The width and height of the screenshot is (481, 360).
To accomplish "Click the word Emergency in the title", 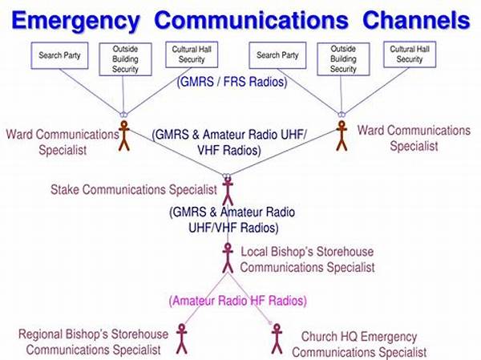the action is [x=75, y=21].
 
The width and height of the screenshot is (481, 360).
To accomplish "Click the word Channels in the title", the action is [x=416, y=20].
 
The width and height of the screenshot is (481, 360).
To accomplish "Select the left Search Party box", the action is [x=59, y=55].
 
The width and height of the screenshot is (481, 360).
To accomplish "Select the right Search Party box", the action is [x=277, y=55].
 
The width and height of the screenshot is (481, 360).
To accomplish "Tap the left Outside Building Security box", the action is [x=125, y=59].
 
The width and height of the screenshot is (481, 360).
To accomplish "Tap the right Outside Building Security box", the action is [x=343, y=59].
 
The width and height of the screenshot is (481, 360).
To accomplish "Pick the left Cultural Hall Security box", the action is [x=192, y=55].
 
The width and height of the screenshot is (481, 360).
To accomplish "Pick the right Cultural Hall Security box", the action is [x=410, y=55].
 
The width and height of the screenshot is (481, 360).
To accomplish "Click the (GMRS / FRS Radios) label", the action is [x=232, y=82].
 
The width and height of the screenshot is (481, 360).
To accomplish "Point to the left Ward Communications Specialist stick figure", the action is [x=124, y=136].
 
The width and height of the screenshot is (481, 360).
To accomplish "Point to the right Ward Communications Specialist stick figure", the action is [x=342, y=136].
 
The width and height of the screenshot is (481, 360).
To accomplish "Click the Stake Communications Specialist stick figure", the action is [x=228, y=192].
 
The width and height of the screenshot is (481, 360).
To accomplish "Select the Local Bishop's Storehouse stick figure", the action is [x=228, y=258].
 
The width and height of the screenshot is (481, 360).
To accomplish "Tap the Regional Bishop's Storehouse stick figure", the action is [x=182, y=339].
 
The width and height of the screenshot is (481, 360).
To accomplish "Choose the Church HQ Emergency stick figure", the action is [x=277, y=339].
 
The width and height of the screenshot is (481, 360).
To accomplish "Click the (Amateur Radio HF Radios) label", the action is [x=238, y=301].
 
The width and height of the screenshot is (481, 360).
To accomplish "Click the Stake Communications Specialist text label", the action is [x=134, y=189].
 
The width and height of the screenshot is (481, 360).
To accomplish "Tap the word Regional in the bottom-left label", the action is [x=41, y=334].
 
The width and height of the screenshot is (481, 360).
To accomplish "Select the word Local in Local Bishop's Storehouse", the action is [x=254, y=252].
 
